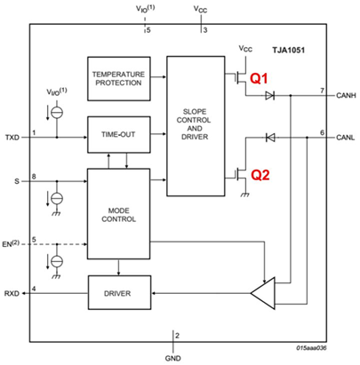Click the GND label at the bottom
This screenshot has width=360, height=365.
pos(172,352)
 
